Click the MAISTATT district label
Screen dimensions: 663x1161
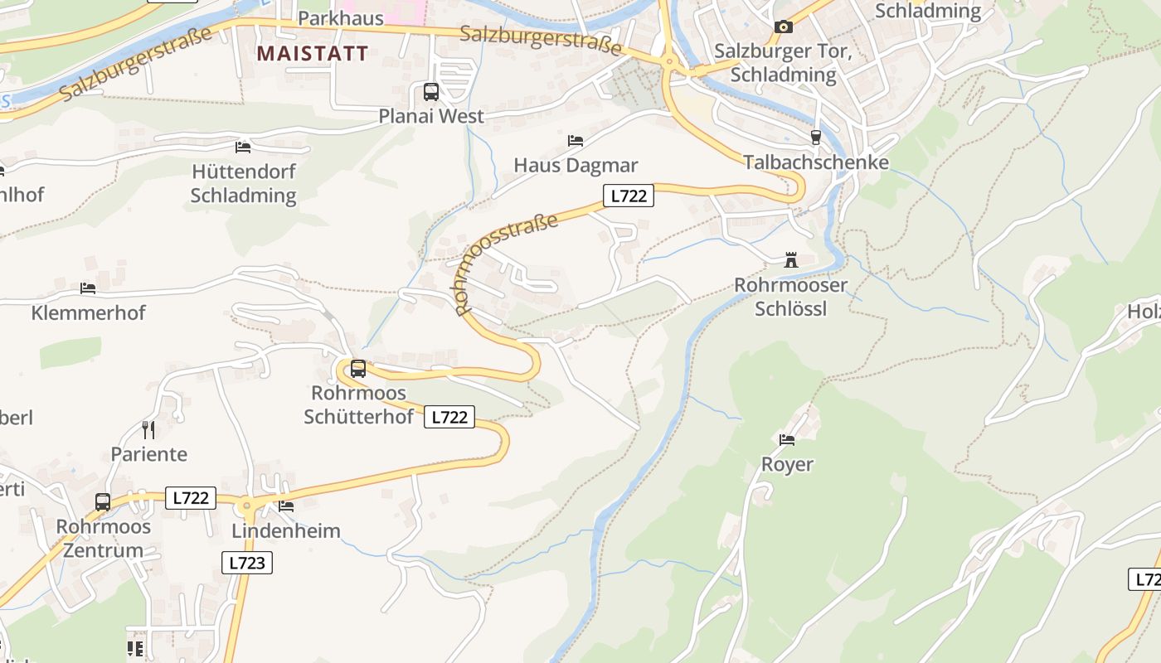pyautogui.click(x=312, y=54)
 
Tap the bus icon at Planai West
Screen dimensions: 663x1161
pyautogui.click(x=431, y=92)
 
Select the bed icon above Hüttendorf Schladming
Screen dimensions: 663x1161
pyautogui.click(x=243, y=147)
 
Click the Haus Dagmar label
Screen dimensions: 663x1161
pyautogui.click(x=575, y=164)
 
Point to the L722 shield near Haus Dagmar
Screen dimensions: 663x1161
pyautogui.click(x=628, y=196)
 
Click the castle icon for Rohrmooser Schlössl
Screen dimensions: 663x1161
pyautogui.click(x=791, y=260)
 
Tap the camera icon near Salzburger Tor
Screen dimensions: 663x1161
pyautogui.click(x=783, y=27)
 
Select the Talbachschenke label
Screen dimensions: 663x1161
pyautogui.click(x=815, y=162)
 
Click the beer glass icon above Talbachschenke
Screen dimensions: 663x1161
pyautogui.click(x=815, y=137)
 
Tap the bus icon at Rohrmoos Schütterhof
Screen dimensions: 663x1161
pyautogui.click(x=358, y=369)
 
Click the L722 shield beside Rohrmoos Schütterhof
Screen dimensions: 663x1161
pyautogui.click(x=449, y=417)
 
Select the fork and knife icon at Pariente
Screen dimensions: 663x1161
pyautogui.click(x=148, y=429)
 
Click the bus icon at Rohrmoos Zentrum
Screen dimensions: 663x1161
pyautogui.click(x=103, y=502)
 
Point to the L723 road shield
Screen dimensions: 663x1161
pyautogui.click(x=247, y=563)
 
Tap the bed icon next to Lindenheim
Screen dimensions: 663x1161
pyautogui.click(x=286, y=506)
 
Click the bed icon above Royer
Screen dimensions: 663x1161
pyautogui.click(x=787, y=439)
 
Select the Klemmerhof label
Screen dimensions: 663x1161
pyautogui.click(x=88, y=313)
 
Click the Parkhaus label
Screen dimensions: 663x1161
pyautogui.click(x=340, y=17)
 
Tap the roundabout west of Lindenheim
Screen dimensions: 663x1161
pyautogui.click(x=246, y=505)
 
